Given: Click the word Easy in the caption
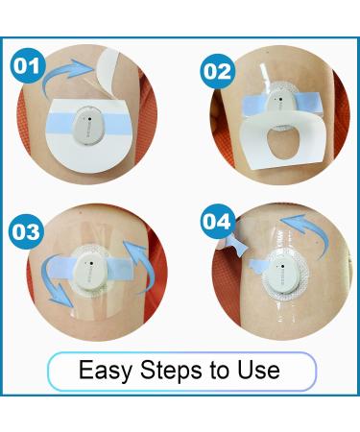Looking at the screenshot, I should pos(102,371).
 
